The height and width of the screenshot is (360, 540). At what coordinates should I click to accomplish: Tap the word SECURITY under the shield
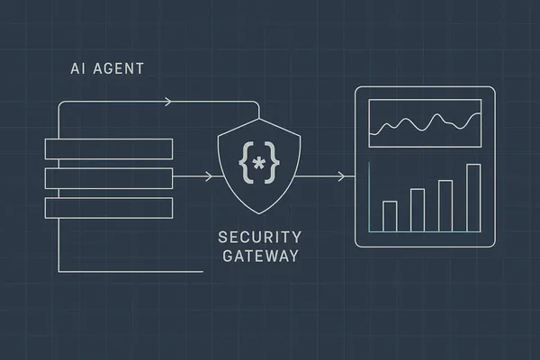click(260, 238)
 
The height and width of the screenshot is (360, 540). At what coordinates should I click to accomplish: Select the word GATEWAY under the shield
click(260, 256)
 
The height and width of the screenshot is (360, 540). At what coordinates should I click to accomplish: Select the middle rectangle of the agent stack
click(108, 177)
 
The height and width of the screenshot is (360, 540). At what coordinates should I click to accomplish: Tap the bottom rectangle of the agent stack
click(108, 206)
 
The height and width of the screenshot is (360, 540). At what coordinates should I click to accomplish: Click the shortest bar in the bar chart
click(390, 216)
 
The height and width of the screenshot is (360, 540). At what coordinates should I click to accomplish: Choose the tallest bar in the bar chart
click(473, 198)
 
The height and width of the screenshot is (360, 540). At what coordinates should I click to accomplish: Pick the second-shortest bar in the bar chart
click(418, 210)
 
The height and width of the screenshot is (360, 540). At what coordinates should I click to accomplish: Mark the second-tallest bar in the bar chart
click(445, 205)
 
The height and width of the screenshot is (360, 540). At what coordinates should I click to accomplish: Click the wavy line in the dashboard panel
click(423, 122)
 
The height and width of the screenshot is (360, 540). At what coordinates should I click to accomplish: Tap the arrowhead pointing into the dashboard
click(339, 176)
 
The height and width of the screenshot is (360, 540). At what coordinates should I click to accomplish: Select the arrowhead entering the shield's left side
click(209, 176)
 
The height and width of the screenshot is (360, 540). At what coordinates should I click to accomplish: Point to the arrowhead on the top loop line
click(168, 103)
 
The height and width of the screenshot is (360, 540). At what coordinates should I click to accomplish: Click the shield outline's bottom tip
click(259, 213)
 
